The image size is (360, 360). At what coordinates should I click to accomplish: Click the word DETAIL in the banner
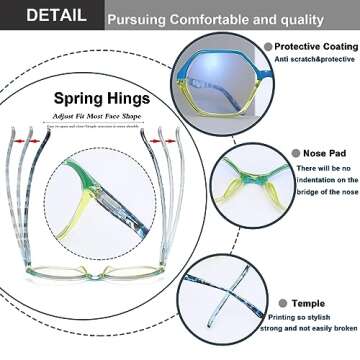[x=46, y=15]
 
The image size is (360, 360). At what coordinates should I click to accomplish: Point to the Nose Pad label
[x=314, y=153]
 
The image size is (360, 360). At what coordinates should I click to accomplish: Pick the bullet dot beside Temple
[x=285, y=302]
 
